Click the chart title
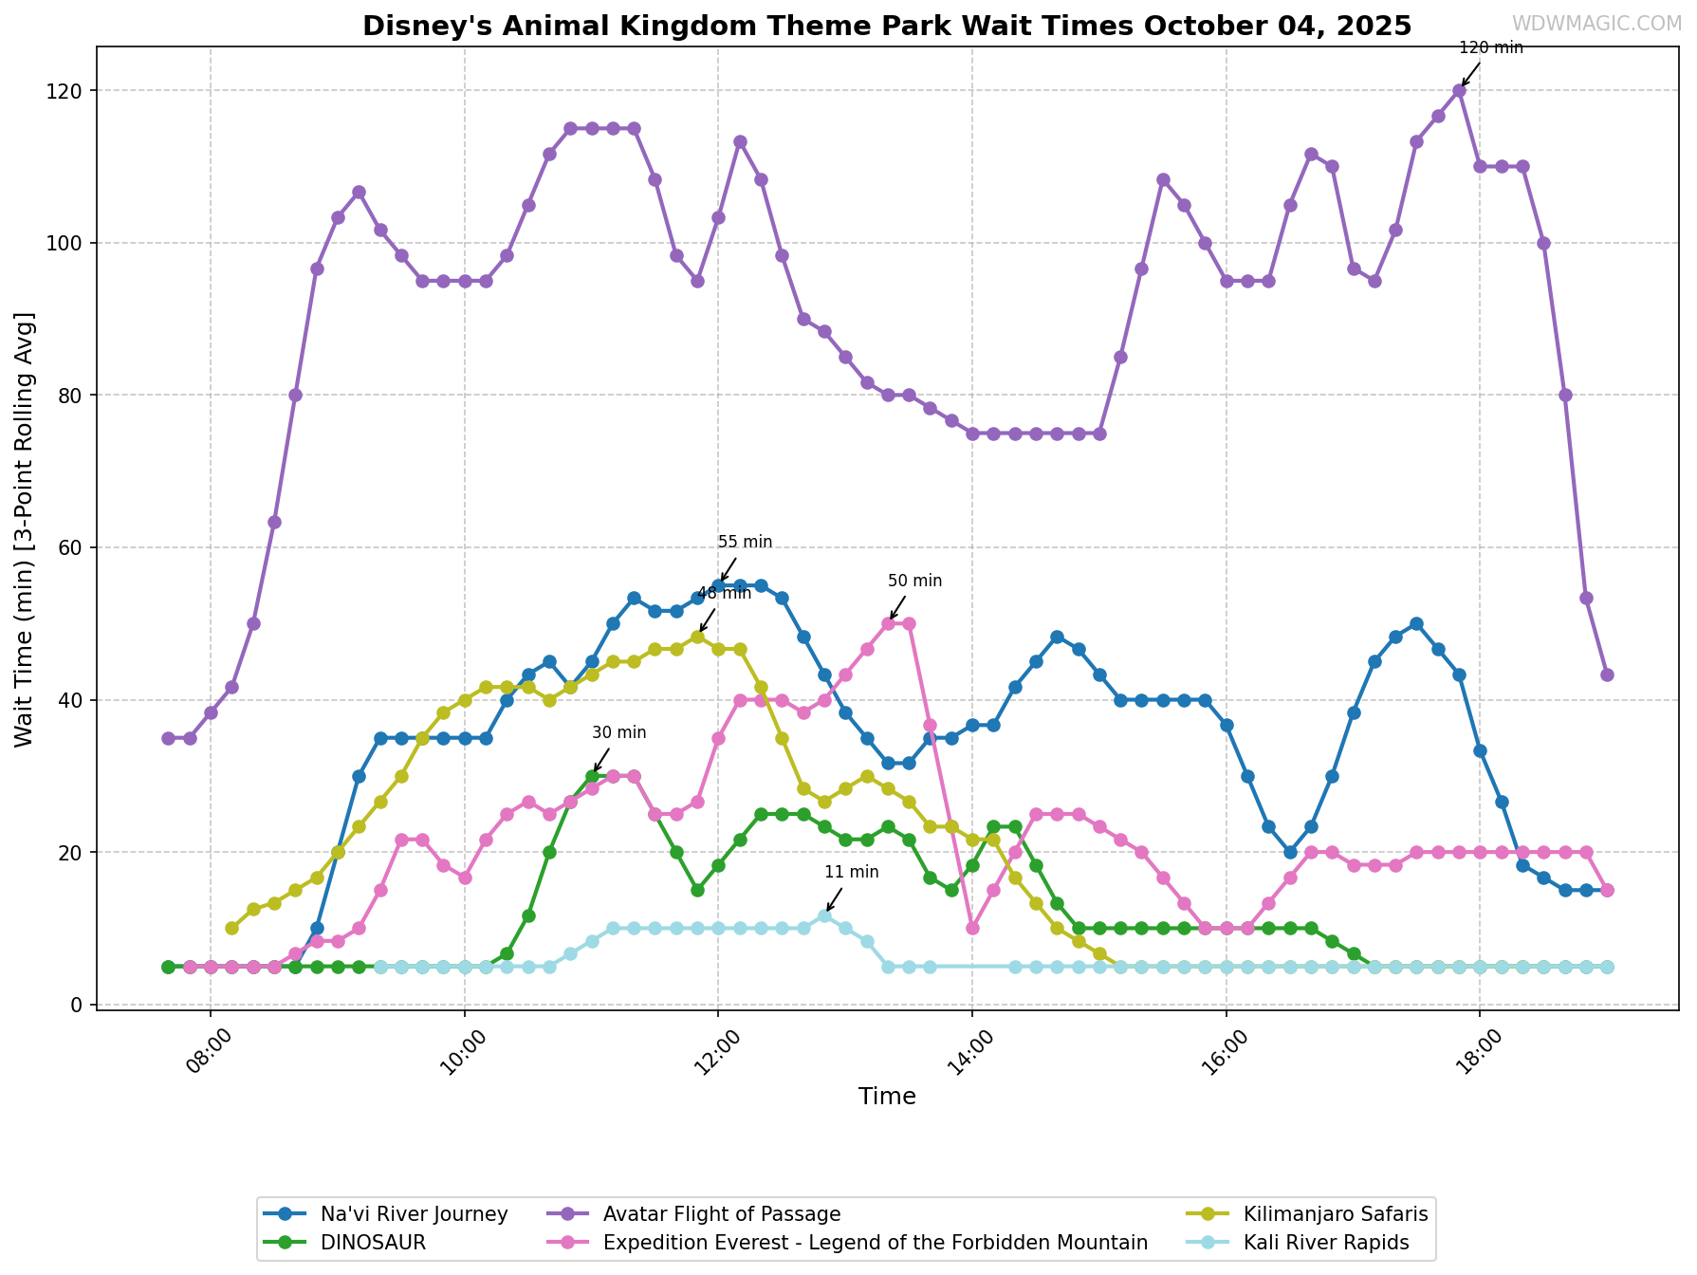tap(887, 26)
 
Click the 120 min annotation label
tap(1490, 47)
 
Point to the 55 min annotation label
tap(745, 543)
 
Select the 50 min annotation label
tap(914, 582)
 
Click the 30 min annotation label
tap(618, 733)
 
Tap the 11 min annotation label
tap(851, 873)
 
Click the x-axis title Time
tap(887, 1098)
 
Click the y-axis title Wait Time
tap(25, 528)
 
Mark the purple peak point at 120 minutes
tap(1459, 91)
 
